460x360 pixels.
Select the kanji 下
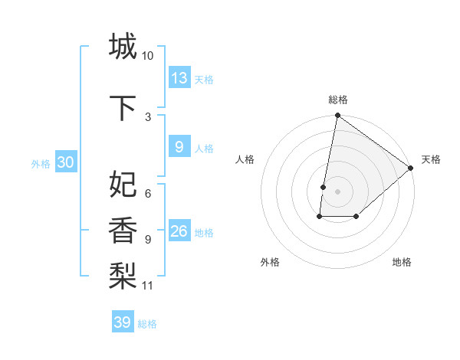click(122, 108)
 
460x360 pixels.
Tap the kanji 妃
click(122, 185)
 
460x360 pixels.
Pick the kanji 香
click(122, 229)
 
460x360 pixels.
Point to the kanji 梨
click(122, 274)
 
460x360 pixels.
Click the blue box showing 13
click(179, 78)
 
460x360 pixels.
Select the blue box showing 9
click(179, 147)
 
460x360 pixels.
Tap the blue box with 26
click(179, 231)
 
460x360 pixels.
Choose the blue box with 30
click(65, 162)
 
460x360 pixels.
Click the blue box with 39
click(123, 322)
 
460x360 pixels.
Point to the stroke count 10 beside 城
click(148, 56)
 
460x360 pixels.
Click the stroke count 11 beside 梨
click(148, 286)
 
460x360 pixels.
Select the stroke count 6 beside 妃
click(147, 194)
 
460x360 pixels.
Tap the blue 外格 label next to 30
click(41, 163)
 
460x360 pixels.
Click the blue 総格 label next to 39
click(147, 324)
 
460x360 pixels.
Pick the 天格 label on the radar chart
click(431, 159)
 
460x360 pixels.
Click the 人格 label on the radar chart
click(245, 159)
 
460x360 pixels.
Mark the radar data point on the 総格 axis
click(337, 116)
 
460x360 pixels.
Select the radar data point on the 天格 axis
click(411, 168)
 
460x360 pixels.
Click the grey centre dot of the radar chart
click(337, 191)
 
